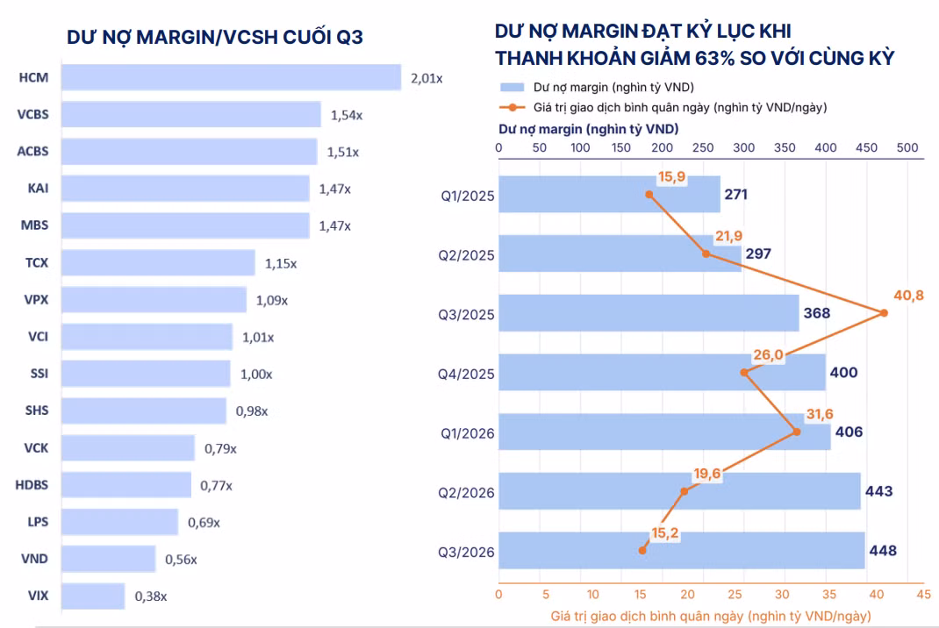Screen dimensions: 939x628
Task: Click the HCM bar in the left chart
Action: tap(231, 77)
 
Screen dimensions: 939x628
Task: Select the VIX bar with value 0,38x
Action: tap(93, 596)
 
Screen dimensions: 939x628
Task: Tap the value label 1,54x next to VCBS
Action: tap(347, 115)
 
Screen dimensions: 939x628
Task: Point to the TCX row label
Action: tap(37, 262)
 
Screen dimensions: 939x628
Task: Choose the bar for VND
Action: tap(109, 559)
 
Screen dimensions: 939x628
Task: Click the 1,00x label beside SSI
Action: tap(256, 375)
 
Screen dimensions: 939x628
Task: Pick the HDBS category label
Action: tap(32, 484)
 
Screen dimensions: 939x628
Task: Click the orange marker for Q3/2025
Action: tap(884, 313)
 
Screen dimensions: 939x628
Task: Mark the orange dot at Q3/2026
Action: tap(642, 550)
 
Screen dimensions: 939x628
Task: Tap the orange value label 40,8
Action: tap(908, 295)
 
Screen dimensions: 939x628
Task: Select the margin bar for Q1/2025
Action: tap(610, 194)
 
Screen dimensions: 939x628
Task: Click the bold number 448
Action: tap(883, 550)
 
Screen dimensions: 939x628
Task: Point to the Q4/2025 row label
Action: tap(466, 375)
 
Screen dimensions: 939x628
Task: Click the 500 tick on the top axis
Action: tap(907, 148)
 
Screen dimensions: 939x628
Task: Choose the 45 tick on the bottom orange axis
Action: tap(924, 595)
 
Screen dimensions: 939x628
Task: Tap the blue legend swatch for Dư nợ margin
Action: tap(512, 88)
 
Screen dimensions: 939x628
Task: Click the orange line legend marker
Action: tap(512, 108)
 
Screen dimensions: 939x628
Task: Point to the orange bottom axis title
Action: tap(711, 616)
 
